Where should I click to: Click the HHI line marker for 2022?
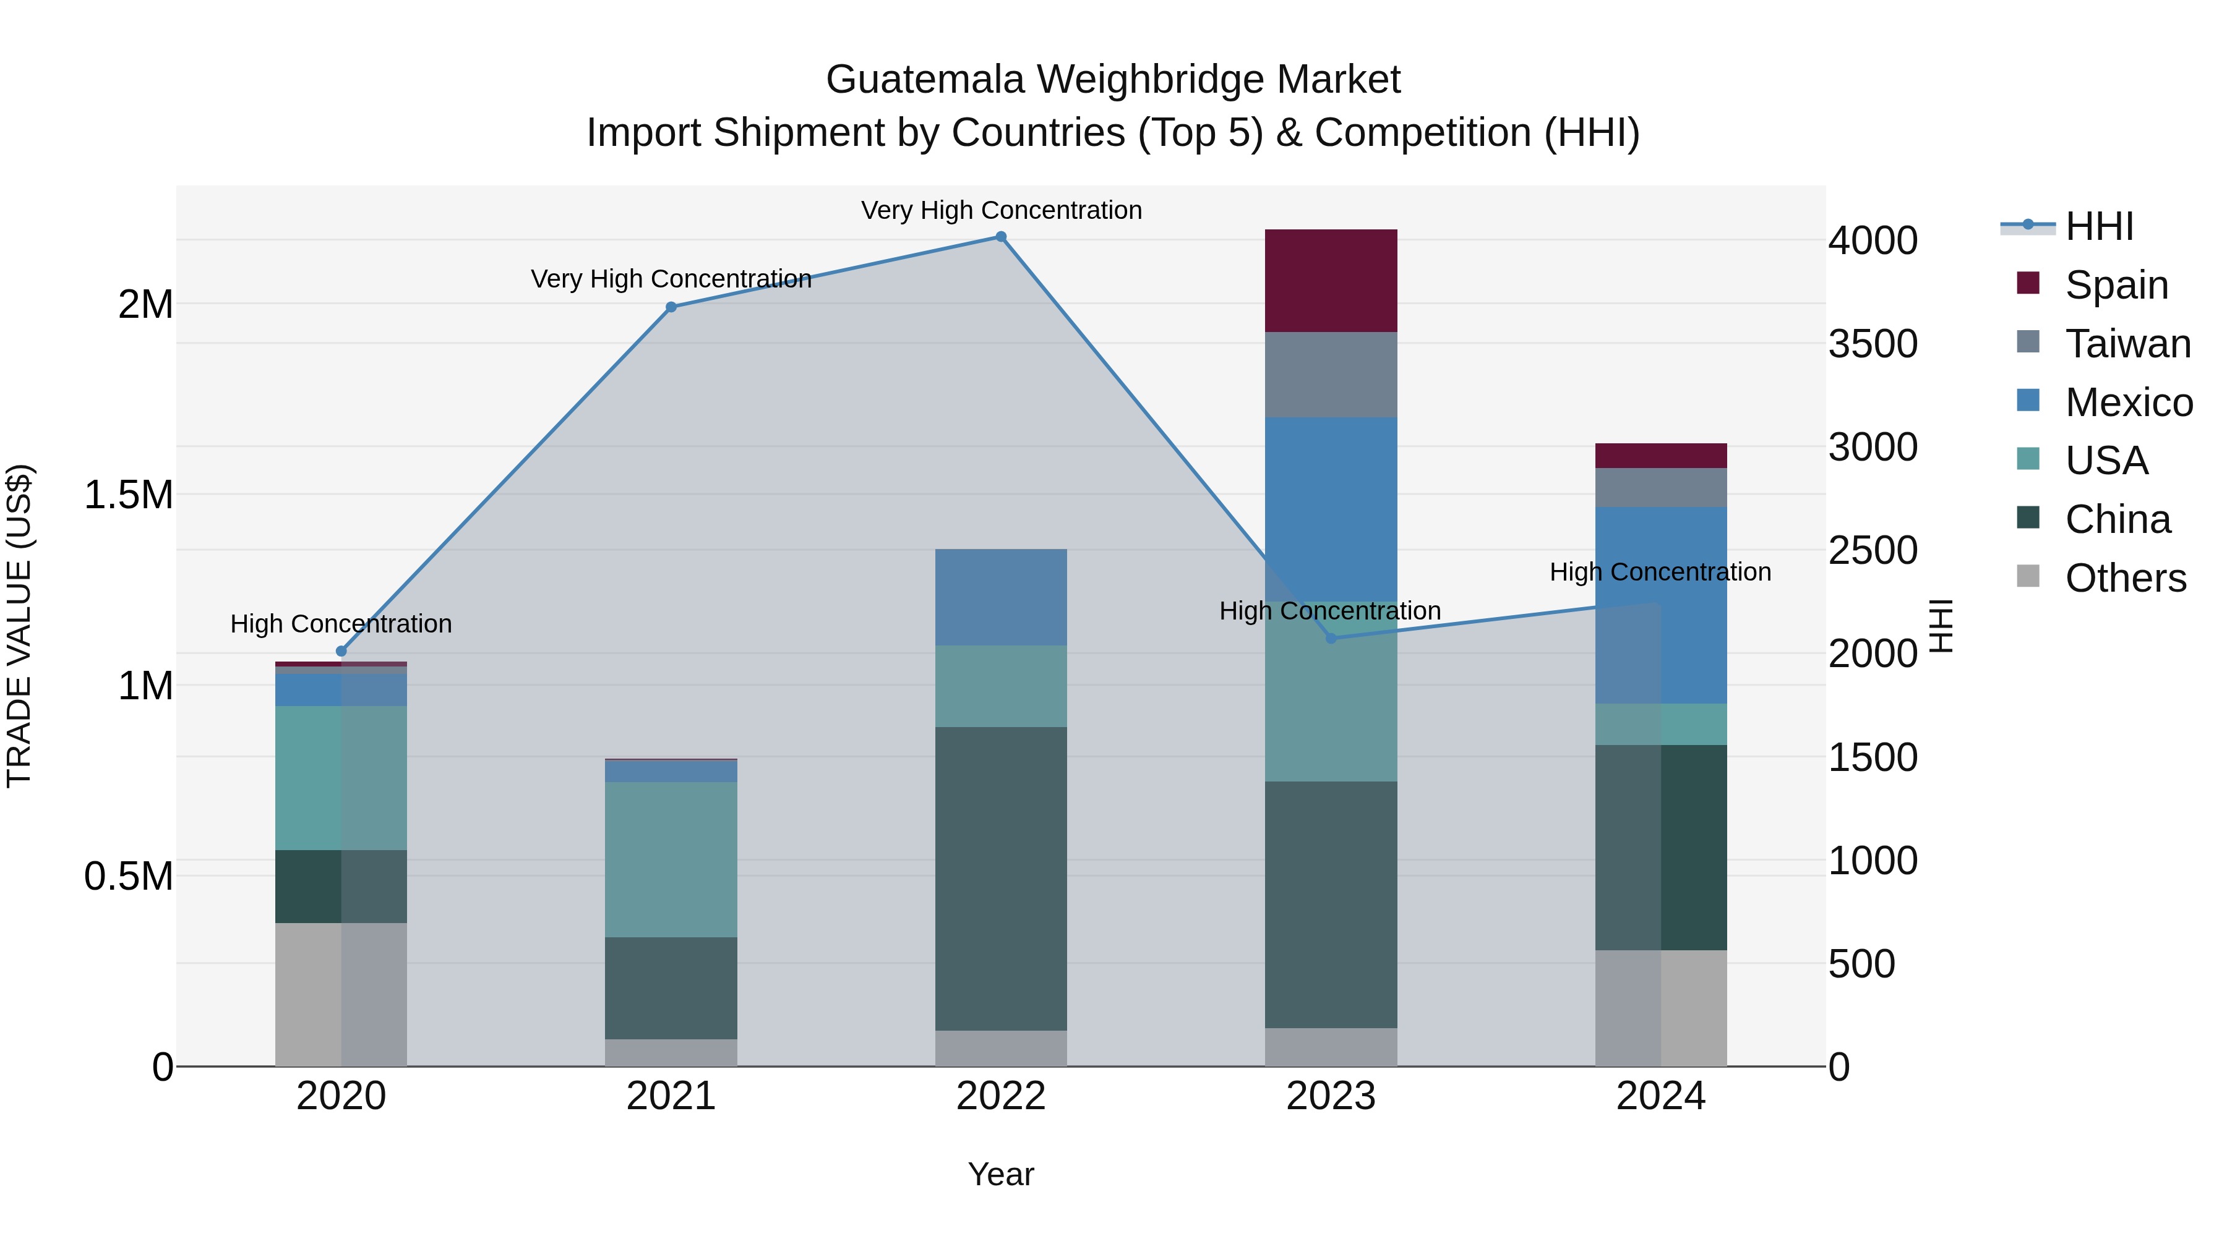click(x=1001, y=237)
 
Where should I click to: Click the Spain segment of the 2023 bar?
click(x=1331, y=281)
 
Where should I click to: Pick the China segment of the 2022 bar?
click(x=1001, y=878)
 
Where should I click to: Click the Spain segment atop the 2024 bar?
click(x=1661, y=455)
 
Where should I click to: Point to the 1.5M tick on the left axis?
click(x=129, y=495)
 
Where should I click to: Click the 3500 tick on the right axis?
click(x=1873, y=344)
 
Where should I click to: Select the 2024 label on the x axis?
click(x=1661, y=1096)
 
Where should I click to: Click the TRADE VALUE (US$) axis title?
click(x=19, y=626)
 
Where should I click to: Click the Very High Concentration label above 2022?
click(x=1001, y=210)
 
